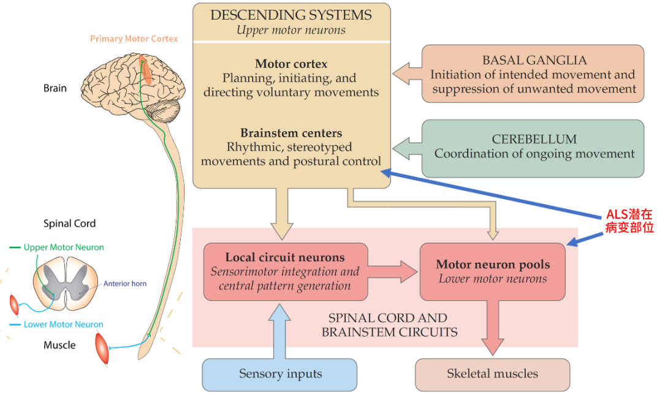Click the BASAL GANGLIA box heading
click(x=534, y=60)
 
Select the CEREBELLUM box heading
click(x=534, y=139)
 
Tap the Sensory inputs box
click(x=280, y=374)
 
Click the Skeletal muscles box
click(x=492, y=373)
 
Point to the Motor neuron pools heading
click(x=493, y=265)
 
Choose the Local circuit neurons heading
click(x=284, y=257)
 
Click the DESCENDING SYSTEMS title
click(x=291, y=15)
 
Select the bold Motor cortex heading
click(x=291, y=64)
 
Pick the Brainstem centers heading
click(x=291, y=133)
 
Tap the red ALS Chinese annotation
click(x=630, y=221)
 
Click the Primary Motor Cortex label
click(x=134, y=39)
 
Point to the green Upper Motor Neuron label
click(x=64, y=248)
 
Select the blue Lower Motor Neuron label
click(x=64, y=324)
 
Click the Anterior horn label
click(x=125, y=284)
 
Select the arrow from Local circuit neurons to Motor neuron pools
click(x=393, y=271)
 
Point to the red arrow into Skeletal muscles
click(x=493, y=328)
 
